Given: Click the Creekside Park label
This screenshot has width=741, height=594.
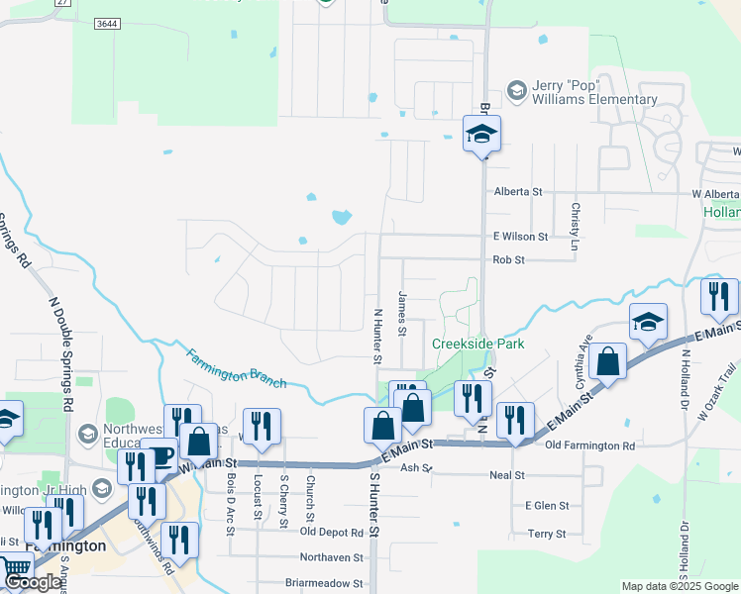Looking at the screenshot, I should [477, 345].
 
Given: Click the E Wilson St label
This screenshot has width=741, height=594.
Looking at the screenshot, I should [520, 237].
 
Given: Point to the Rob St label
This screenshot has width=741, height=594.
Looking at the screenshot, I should [508, 260].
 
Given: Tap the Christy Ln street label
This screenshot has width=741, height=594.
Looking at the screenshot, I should [575, 220].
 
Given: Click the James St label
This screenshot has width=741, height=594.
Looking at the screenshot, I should [402, 313].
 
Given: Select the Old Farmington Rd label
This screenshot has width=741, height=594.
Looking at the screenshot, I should [590, 445].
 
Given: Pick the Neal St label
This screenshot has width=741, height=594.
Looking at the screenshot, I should [506, 475].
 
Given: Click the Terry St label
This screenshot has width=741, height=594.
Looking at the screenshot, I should [546, 534].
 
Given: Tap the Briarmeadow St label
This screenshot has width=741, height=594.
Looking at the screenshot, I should [324, 584].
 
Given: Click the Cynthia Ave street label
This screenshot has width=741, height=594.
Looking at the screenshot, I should [578, 363].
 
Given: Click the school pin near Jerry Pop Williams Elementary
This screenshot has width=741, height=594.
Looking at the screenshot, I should [481, 134].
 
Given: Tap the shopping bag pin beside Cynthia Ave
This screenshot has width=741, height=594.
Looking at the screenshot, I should [607, 361].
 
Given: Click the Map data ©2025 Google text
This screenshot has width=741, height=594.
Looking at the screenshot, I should [681, 586].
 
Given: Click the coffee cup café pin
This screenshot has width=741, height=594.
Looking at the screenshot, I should [159, 455].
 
